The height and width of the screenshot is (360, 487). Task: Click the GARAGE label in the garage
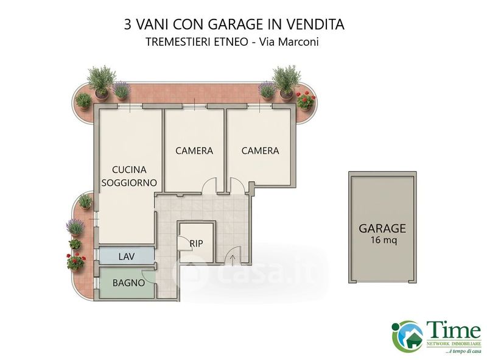(x=382, y=228)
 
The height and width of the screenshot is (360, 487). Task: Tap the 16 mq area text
(x=384, y=241)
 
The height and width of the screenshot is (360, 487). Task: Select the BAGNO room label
(x=128, y=283)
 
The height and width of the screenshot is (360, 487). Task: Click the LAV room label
(x=127, y=256)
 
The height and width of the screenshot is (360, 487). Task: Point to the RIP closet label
(x=196, y=244)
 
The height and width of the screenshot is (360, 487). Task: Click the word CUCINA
(x=129, y=170)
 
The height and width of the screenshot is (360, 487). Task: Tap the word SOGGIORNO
(x=129, y=183)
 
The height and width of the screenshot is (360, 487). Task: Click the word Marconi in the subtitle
(x=298, y=42)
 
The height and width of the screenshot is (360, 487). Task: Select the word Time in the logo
(x=453, y=330)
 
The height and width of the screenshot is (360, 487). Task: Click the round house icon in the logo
(x=407, y=336)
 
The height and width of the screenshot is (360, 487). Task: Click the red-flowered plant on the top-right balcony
(x=306, y=101)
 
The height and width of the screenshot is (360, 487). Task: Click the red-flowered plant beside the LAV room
(x=75, y=262)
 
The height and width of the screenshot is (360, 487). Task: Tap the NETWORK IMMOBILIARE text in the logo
(x=454, y=344)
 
